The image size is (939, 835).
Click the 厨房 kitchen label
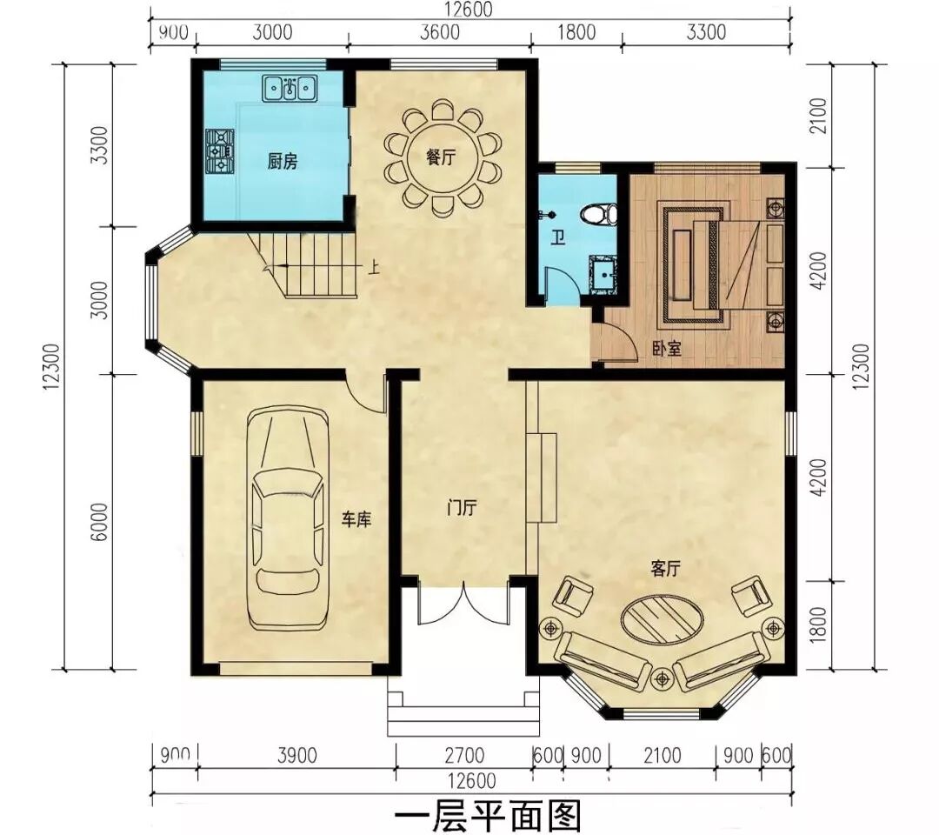point(282,162)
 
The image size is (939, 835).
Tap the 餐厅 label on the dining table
point(441,157)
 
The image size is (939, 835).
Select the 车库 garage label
point(356,518)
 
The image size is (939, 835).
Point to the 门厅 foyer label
point(462,508)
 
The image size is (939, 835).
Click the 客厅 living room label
point(666,569)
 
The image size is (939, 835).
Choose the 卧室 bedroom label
point(667,349)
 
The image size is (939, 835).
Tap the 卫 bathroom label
point(558,239)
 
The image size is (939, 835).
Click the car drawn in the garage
point(288,518)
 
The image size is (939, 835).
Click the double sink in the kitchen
point(290,88)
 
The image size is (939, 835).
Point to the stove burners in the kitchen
point(220,151)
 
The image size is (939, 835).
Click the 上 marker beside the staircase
point(374,265)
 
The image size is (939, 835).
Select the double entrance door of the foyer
point(463,604)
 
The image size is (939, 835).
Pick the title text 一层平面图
point(488,817)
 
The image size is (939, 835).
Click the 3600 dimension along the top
point(440,31)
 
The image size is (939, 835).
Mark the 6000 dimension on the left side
point(101,522)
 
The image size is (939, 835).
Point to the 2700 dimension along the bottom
point(464,755)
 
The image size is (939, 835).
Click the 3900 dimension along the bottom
point(297,755)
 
